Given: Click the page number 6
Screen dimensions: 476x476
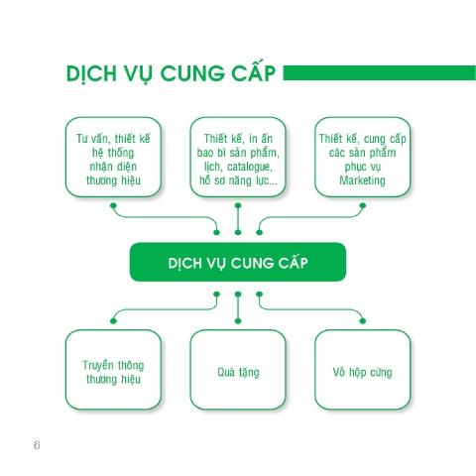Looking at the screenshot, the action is point(37,445).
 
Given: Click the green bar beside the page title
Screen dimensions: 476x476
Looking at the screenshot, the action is point(380,72).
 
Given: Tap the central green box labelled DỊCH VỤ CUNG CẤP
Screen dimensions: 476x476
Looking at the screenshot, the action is point(238,262).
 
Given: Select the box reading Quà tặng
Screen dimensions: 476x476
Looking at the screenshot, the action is point(238,370).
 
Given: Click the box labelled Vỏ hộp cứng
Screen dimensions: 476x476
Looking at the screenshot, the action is point(363,370).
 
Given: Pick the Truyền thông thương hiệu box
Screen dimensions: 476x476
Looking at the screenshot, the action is point(113,370).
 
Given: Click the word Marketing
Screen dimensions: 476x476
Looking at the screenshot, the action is point(362,180).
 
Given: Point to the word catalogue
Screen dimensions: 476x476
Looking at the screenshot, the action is point(250,167).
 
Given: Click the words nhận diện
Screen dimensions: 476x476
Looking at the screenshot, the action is point(113,167).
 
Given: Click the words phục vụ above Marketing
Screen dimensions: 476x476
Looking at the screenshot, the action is point(363,167).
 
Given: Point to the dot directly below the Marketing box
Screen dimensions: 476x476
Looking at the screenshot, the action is point(363,205).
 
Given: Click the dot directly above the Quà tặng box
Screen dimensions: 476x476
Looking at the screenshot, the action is point(238,320).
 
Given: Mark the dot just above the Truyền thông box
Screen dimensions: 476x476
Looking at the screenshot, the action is point(113,320).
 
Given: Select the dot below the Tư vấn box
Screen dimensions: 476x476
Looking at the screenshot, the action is point(113,205).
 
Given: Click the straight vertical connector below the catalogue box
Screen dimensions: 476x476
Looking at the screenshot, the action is point(238,219).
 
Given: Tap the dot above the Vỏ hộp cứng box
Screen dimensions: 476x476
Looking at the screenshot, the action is point(363,320).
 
